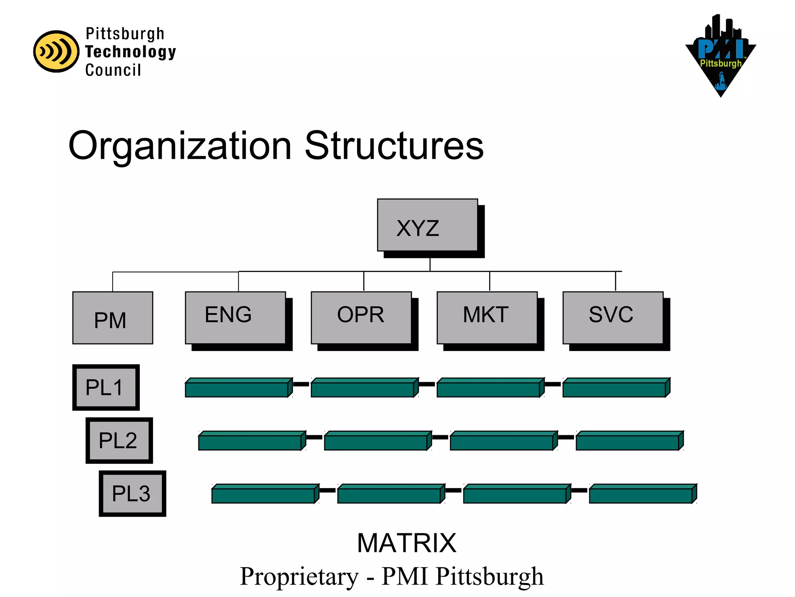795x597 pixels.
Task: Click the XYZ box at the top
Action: pyautogui.click(x=427, y=225)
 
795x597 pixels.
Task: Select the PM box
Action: pyautogui.click(x=113, y=318)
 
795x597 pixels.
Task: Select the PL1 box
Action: pyautogui.click(x=106, y=388)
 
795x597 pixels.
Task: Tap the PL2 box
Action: pyautogui.click(x=119, y=440)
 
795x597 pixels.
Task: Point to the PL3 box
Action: pyautogui.click(x=132, y=494)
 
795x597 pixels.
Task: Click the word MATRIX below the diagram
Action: pyautogui.click(x=406, y=543)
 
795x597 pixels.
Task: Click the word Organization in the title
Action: pyautogui.click(x=180, y=146)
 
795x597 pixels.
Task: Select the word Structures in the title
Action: pyautogui.click(x=394, y=145)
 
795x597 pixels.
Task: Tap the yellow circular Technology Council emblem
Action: pyautogui.click(x=56, y=51)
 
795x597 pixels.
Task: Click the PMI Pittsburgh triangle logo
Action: pyautogui.click(x=720, y=56)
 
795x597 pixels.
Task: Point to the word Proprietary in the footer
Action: pyautogui.click(x=299, y=576)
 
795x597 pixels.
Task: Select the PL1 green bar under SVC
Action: pyautogui.click(x=616, y=388)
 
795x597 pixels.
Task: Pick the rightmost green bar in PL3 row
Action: pyautogui.click(x=642, y=494)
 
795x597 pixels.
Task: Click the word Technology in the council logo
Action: pyautogui.click(x=130, y=52)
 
